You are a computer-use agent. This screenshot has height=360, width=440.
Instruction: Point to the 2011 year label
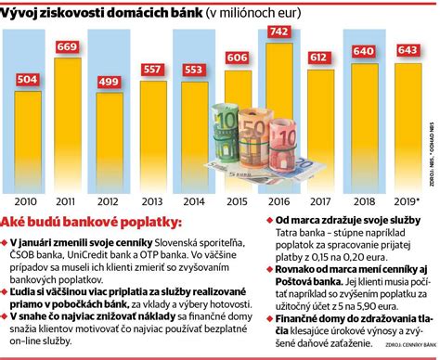point(67,200)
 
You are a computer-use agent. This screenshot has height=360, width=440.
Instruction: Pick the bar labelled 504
point(25,139)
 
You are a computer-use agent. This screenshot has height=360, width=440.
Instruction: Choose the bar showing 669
point(67,121)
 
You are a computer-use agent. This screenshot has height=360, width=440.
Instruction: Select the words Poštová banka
point(297,304)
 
